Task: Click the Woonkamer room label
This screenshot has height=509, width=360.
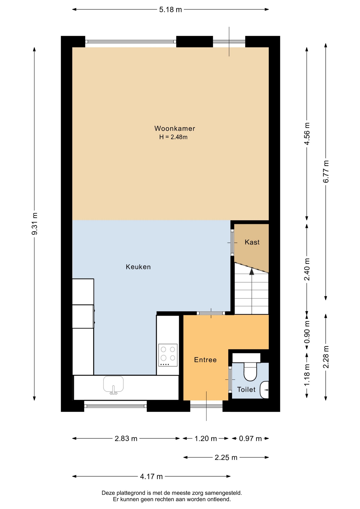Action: (x=175, y=129)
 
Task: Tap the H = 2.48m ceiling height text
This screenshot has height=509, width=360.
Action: (x=173, y=137)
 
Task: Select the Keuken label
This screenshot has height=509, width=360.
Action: (x=138, y=267)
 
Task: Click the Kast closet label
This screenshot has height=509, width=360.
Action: (x=252, y=242)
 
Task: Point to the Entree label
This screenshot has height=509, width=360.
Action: (x=205, y=360)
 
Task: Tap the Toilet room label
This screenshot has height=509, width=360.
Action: (x=246, y=389)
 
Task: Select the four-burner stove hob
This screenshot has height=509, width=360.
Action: (x=168, y=355)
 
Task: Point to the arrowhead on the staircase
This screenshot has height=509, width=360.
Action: (x=252, y=271)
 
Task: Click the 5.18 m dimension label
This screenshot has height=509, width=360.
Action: (x=170, y=10)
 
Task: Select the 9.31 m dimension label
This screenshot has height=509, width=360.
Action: (x=34, y=224)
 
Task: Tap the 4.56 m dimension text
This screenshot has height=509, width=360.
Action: (x=307, y=134)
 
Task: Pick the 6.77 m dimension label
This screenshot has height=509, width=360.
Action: (x=326, y=172)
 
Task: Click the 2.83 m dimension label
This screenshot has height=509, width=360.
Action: (x=126, y=439)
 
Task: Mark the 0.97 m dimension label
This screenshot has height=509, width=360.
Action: (x=250, y=439)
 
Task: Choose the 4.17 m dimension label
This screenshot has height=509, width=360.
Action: (x=151, y=477)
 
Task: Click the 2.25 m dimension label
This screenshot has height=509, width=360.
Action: (x=226, y=458)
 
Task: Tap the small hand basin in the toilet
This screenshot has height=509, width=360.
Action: (x=265, y=390)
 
